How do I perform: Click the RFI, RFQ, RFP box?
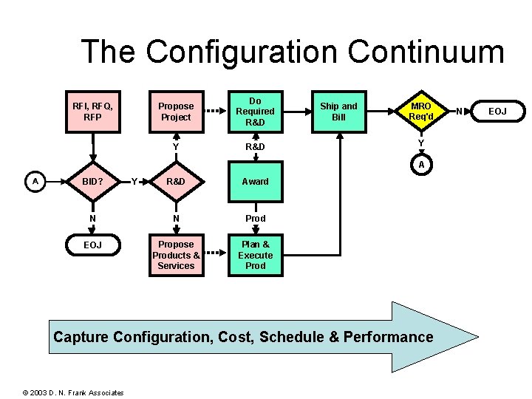(92, 112)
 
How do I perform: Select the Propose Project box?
(176, 112)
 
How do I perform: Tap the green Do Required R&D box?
(255, 112)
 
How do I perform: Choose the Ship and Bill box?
(338, 112)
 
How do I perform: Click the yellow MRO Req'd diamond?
(420, 112)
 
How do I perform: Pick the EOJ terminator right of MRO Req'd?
(497, 112)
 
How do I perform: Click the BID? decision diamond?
(92, 181)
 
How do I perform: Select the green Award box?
(255, 181)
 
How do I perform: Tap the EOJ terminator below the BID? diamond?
(92, 245)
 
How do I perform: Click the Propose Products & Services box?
(176, 255)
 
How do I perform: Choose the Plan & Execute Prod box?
(255, 255)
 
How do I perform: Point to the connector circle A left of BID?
(35, 181)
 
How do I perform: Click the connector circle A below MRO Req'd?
(420, 165)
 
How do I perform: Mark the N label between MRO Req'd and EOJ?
(459, 112)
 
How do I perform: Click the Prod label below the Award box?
(255, 219)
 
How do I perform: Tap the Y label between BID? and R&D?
(134, 181)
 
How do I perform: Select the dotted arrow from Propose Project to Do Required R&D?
(214, 112)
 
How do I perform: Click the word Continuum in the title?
(426, 52)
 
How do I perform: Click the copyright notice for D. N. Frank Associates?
(73, 392)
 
